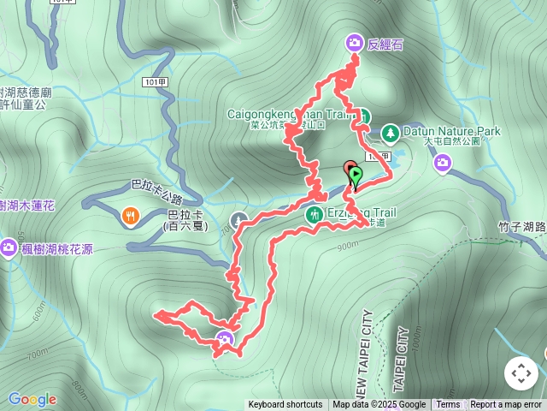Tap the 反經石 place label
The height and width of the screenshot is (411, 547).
385,44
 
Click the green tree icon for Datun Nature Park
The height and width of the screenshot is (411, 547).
390,133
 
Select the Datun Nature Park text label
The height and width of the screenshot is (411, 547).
451,132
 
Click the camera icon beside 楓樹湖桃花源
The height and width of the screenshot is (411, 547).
9,247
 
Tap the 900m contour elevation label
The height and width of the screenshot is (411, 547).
347,247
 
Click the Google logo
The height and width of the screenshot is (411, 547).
32,399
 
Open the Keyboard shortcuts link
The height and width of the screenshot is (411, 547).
285,405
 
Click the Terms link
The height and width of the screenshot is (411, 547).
448,405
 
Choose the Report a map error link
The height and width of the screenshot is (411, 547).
506,405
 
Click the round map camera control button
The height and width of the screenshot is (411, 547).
521,373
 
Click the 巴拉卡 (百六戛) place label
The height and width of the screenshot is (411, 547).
185,220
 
